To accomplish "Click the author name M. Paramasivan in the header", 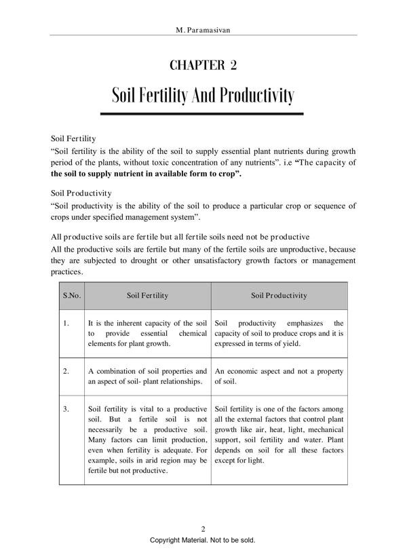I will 203,31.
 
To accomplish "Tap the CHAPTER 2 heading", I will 203,66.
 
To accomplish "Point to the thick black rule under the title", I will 203,113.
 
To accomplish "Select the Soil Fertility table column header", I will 147,296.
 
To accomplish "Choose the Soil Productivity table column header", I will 279,296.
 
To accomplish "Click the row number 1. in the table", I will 66,323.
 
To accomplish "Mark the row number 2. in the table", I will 66,372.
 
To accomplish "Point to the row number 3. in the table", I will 66,409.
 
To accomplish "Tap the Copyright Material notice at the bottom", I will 203,541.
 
